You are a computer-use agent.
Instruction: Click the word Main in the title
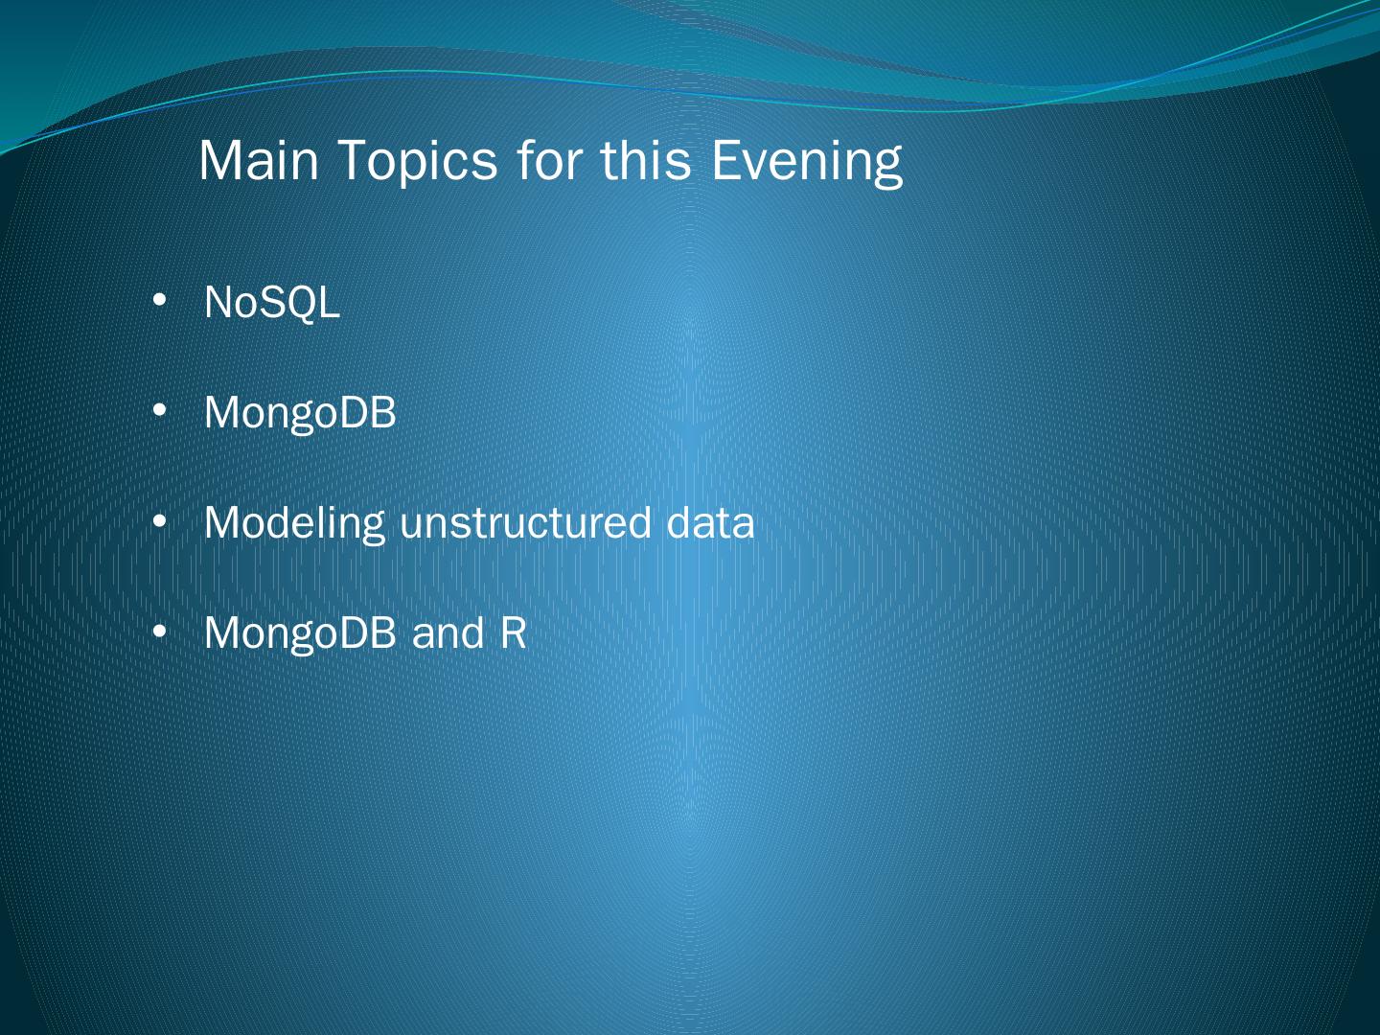click(259, 161)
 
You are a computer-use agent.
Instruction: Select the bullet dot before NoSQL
click(160, 301)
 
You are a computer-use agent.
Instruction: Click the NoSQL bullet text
click(272, 303)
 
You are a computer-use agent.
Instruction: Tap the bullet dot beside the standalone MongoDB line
click(160, 411)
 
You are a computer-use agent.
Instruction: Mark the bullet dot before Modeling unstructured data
click(160, 521)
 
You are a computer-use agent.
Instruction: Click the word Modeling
click(294, 524)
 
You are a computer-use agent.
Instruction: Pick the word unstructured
click(525, 523)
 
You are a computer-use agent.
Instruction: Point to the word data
click(710, 521)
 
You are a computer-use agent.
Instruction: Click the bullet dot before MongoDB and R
click(160, 632)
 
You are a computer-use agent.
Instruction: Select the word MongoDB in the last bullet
click(301, 634)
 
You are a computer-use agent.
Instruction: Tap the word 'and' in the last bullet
click(448, 632)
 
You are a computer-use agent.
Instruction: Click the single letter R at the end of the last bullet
click(513, 632)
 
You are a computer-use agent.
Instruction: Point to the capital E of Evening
click(725, 161)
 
